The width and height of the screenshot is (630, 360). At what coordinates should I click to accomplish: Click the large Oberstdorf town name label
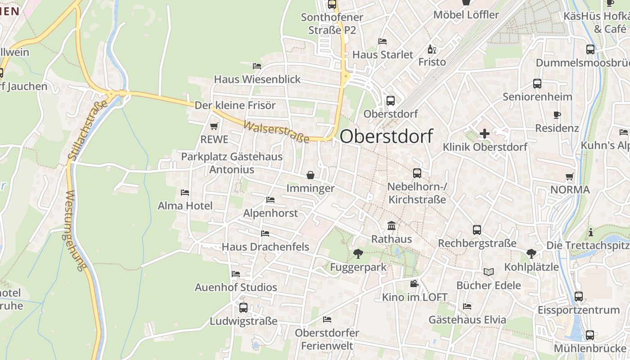pyautogui.click(x=386, y=136)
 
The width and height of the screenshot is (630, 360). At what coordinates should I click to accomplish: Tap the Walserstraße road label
pyautogui.click(x=276, y=131)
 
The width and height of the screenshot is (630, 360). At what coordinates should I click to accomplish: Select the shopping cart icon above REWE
pyautogui.click(x=214, y=126)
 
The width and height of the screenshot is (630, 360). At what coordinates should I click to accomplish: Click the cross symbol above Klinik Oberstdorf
pyautogui.click(x=485, y=134)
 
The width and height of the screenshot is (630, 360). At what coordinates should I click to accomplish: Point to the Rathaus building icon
pyautogui.click(x=391, y=225)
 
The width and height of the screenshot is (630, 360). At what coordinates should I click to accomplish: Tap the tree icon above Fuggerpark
pyautogui.click(x=358, y=254)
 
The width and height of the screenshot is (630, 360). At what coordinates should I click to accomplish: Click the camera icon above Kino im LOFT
pyautogui.click(x=414, y=284)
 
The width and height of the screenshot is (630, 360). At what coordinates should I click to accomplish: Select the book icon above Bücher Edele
pyautogui.click(x=488, y=272)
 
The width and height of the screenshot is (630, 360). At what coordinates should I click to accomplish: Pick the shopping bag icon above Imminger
pyautogui.click(x=310, y=175)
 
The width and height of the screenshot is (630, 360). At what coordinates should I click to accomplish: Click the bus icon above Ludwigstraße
pyautogui.click(x=243, y=308)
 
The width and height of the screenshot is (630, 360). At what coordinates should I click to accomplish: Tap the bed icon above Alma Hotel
pyautogui.click(x=184, y=193)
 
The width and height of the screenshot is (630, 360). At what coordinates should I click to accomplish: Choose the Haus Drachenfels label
pyautogui.click(x=265, y=247)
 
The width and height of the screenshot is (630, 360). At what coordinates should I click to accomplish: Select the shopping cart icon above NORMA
pyautogui.click(x=570, y=176)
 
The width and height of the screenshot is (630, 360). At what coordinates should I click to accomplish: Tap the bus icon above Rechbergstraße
pyautogui.click(x=477, y=230)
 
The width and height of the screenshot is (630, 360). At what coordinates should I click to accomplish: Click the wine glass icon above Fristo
pyautogui.click(x=432, y=49)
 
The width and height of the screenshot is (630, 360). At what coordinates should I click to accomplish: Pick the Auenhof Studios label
pyautogui.click(x=236, y=287)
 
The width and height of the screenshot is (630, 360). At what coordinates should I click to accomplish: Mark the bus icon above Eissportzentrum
pyautogui.click(x=579, y=297)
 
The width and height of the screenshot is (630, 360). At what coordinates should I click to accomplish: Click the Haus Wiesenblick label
pyautogui.click(x=257, y=79)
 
